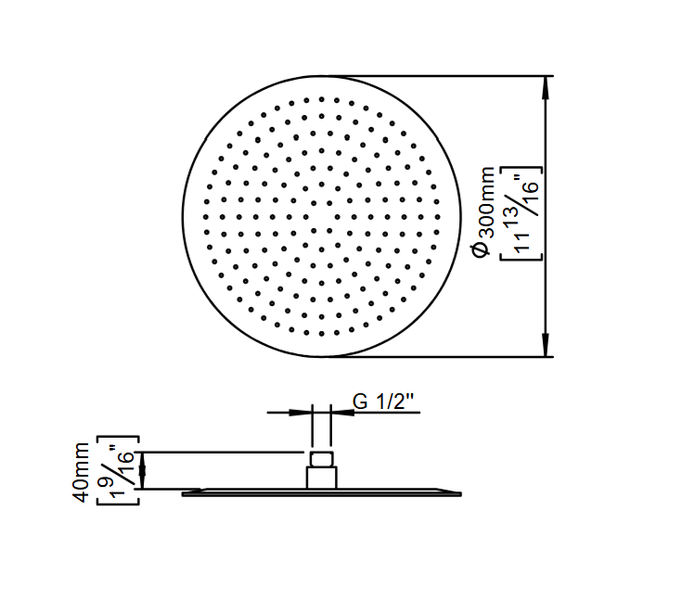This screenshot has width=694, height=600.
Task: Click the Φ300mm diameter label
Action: coord(483,212)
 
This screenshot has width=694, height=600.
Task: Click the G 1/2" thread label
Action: coord(383,402)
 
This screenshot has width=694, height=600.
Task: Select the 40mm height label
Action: coord(81,472)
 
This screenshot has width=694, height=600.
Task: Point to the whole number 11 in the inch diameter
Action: coord(521,241)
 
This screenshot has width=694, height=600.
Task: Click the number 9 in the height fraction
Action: coord(107,475)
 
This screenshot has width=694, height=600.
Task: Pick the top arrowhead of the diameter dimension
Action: coord(546,87)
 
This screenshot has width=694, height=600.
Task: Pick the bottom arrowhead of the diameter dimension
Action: coord(546,345)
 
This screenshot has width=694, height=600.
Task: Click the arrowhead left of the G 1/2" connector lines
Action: coord(301,413)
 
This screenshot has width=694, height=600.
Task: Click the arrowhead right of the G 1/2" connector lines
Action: coord(342,413)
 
